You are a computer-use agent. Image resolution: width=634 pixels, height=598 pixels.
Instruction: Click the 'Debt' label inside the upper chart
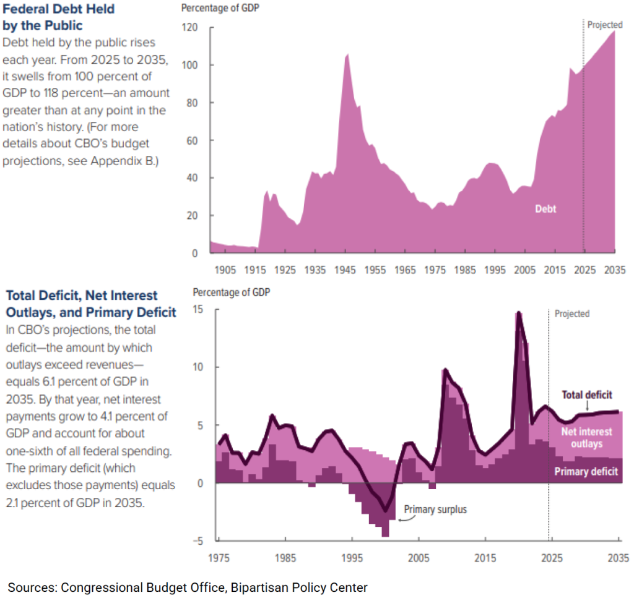click(545, 209)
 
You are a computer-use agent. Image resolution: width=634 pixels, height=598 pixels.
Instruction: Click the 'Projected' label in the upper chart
click(604, 25)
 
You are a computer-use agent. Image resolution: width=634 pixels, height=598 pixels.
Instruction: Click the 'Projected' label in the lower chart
click(571, 314)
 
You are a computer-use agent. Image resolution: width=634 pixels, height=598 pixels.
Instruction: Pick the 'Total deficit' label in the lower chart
click(586, 394)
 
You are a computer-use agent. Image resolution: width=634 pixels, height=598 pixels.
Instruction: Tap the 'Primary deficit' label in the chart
click(586, 472)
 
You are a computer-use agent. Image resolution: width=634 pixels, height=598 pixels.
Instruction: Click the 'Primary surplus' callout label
click(435, 510)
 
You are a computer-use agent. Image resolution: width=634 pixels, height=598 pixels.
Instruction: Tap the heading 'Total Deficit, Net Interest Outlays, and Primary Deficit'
click(90, 304)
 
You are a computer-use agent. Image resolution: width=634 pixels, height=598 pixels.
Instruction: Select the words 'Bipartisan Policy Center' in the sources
click(299, 587)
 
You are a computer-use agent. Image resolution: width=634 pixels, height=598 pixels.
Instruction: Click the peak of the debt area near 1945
click(347, 55)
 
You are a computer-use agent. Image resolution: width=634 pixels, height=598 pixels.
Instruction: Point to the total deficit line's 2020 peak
click(519, 313)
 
